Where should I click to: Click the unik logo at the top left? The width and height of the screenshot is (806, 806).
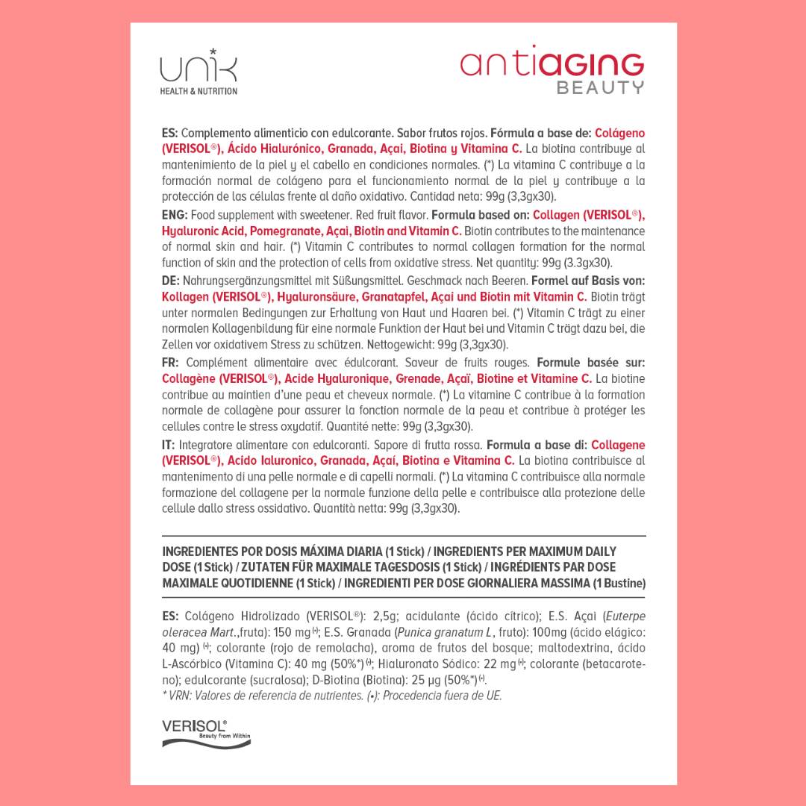[x=199, y=67]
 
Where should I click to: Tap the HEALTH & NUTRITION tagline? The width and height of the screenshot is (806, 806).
[x=199, y=91]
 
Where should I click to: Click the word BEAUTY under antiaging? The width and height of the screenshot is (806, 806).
[x=600, y=87]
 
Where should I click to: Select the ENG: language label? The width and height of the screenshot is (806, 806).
[x=175, y=215]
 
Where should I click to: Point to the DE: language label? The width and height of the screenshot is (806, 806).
[x=171, y=281]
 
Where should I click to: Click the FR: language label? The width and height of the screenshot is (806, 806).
[x=171, y=363]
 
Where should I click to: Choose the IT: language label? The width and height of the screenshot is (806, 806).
[x=169, y=445]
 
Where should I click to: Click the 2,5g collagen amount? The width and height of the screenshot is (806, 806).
[x=386, y=616]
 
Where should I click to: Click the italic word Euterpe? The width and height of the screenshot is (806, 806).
[x=625, y=616]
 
